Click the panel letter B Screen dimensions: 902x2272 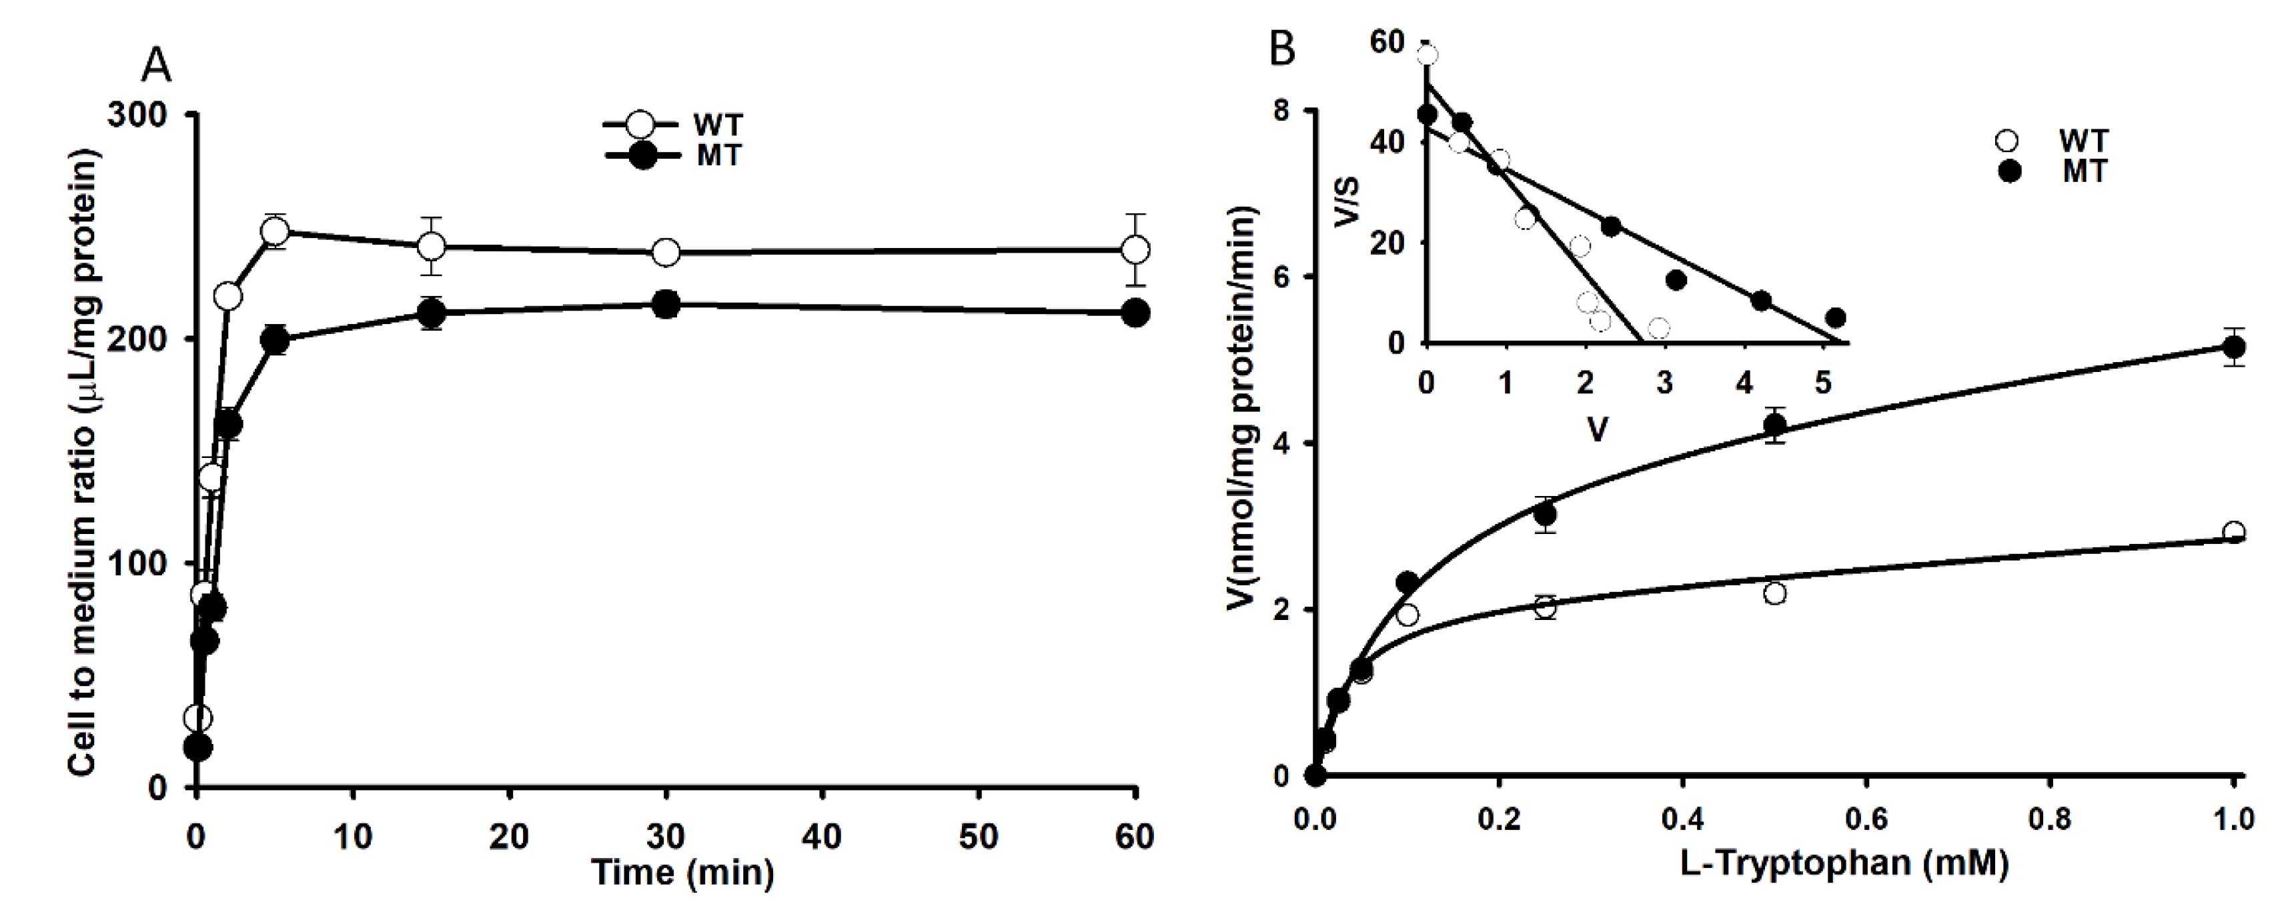(1281, 49)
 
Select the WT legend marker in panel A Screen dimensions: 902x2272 (643, 124)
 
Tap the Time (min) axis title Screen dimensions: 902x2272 (682, 873)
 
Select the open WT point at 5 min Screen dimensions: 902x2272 (275, 232)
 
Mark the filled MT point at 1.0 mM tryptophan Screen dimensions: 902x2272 (2234, 347)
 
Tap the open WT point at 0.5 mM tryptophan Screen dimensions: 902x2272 (1776, 593)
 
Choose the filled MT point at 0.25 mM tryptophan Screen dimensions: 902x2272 (1544, 514)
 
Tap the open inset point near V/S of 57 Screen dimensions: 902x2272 (1427, 55)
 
